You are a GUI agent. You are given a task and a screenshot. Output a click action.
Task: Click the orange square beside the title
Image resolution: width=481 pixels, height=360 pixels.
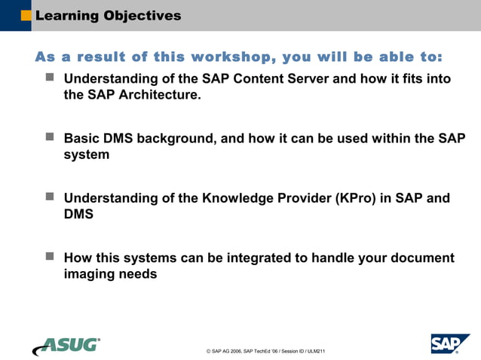click(x=26, y=15)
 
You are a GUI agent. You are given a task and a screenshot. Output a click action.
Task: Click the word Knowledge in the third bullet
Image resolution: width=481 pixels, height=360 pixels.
click(x=238, y=198)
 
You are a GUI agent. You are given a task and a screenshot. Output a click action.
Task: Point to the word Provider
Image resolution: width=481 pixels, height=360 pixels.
click(x=307, y=198)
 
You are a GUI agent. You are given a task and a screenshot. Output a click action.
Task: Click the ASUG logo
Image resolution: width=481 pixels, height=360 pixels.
click(x=66, y=346)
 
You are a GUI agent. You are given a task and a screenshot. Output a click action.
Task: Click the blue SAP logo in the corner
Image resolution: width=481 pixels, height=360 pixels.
click(x=449, y=343)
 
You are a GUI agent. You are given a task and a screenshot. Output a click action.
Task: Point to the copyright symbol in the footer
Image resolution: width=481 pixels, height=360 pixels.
click(x=208, y=352)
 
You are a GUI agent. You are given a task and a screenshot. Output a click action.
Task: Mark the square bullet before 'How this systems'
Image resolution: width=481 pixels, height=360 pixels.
click(x=50, y=257)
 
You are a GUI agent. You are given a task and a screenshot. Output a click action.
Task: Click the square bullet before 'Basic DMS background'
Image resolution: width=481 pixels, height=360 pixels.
click(x=50, y=138)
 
